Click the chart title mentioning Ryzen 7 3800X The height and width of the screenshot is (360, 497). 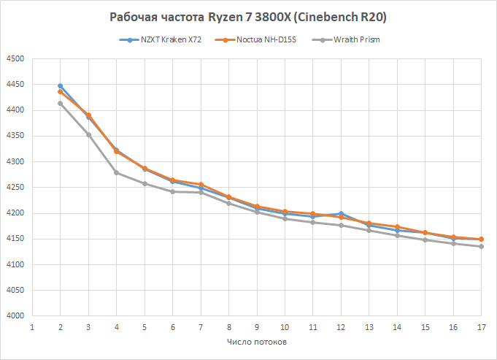pyautogui.click(x=248, y=17)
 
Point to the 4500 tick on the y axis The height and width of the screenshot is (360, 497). pyautogui.click(x=15, y=59)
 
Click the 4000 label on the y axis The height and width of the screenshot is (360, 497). pyautogui.click(x=15, y=316)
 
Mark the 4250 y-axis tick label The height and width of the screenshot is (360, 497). pyautogui.click(x=15, y=188)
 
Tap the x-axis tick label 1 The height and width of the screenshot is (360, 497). pyautogui.click(x=32, y=326)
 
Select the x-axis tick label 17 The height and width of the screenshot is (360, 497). pyautogui.click(x=481, y=326)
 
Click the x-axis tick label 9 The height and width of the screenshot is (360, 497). pyautogui.click(x=257, y=326)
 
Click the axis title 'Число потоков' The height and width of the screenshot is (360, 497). pyautogui.click(x=256, y=342)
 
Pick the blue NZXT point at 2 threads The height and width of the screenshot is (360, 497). pyautogui.click(x=60, y=86)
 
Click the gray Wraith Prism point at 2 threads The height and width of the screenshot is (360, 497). pyautogui.click(x=60, y=103)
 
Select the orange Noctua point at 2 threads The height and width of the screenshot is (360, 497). pyautogui.click(x=60, y=92)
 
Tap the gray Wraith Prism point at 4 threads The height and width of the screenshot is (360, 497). pyautogui.click(x=116, y=172)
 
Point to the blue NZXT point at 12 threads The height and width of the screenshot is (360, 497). pyautogui.click(x=341, y=213)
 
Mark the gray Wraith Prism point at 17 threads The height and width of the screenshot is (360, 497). pyautogui.click(x=481, y=247)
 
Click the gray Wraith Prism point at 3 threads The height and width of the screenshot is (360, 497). pyautogui.click(x=88, y=134)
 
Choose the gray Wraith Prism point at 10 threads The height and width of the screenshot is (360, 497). pyautogui.click(x=285, y=218)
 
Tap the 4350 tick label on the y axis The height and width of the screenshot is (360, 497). pyautogui.click(x=15, y=137)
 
